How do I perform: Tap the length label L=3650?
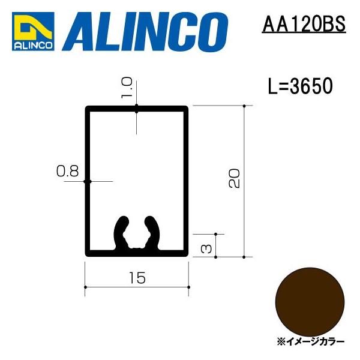tap(299, 87)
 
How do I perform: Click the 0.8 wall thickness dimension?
tap(67, 172)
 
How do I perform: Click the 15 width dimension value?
tap(137, 277)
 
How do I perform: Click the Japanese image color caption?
tap(311, 341)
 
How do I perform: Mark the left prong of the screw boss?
tap(121, 231)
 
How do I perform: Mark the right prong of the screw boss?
tap(155, 231)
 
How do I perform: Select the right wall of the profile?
tap(187, 180)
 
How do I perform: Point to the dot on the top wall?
tap(137, 109)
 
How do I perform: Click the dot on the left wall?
tap(87, 181)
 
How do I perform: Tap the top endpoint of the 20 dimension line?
tap(244, 106)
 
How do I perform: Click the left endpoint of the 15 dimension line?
tap(85, 288)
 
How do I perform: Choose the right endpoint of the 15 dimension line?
tap(189, 288)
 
